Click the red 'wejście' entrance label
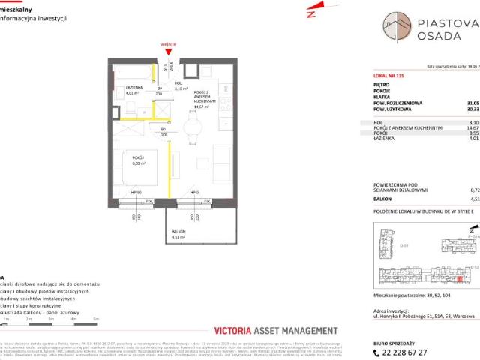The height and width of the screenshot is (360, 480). (169, 45)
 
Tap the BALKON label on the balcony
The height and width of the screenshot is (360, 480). (178, 232)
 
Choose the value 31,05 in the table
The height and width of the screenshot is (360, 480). (472, 103)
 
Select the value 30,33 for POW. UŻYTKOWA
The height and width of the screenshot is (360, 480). (472, 109)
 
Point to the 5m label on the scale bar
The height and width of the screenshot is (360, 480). (96, 319)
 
